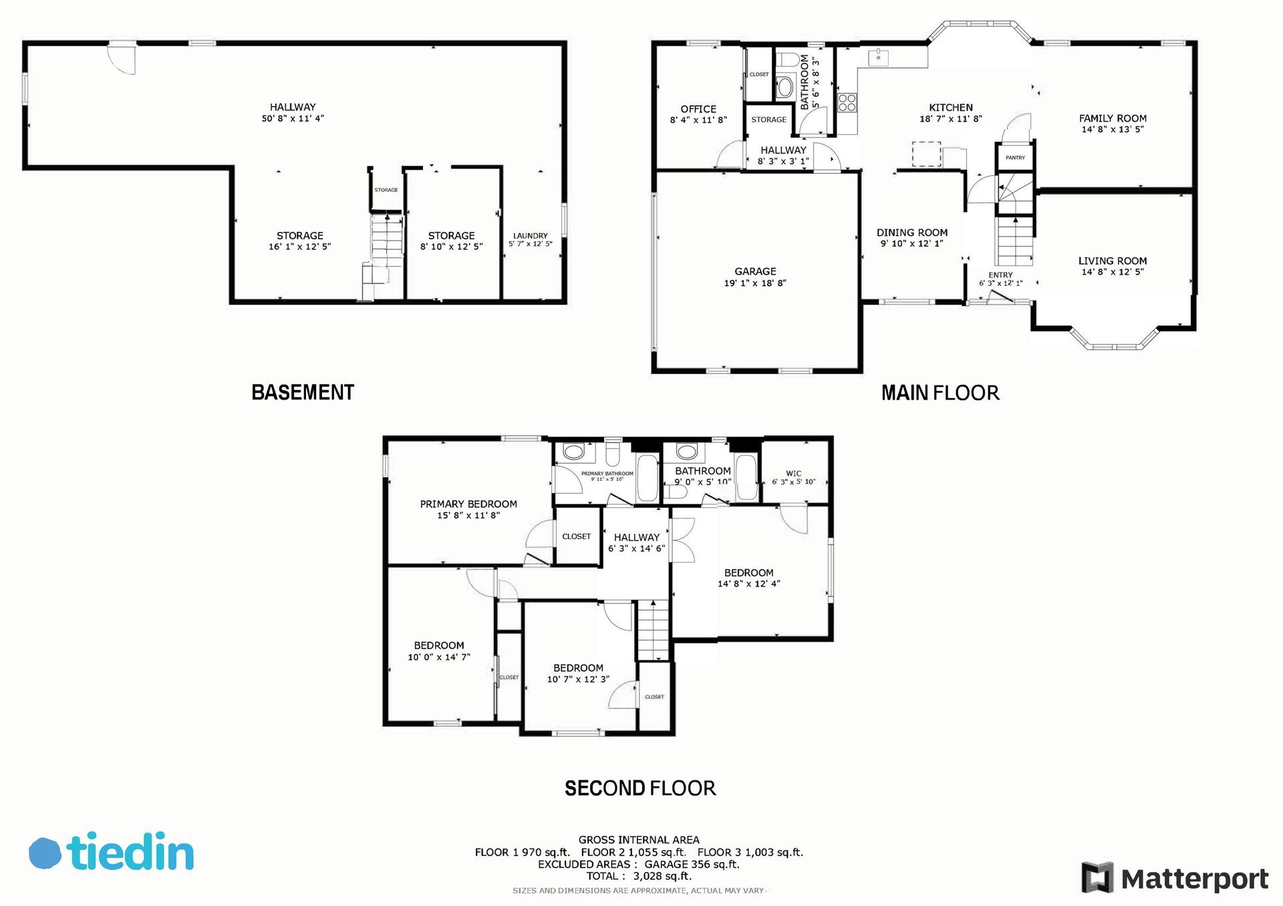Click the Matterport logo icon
(1097, 877)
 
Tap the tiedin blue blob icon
(45, 853)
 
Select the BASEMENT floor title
(303, 392)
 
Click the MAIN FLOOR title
(940, 393)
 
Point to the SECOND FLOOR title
(640, 788)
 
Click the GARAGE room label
(755, 271)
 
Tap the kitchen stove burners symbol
(847, 102)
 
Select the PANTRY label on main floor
(1015, 158)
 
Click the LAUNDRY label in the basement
(531, 236)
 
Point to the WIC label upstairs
(794, 473)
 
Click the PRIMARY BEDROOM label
(468, 504)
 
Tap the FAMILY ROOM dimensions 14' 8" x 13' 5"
(1113, 129)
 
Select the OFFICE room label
(698, 109)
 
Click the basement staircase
(387, 241)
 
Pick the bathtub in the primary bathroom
(648, 478)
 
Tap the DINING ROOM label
(912, 233)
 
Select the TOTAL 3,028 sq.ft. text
(639, 876)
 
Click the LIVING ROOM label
(1113, 261)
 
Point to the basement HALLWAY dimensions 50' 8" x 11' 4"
(293, 118)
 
